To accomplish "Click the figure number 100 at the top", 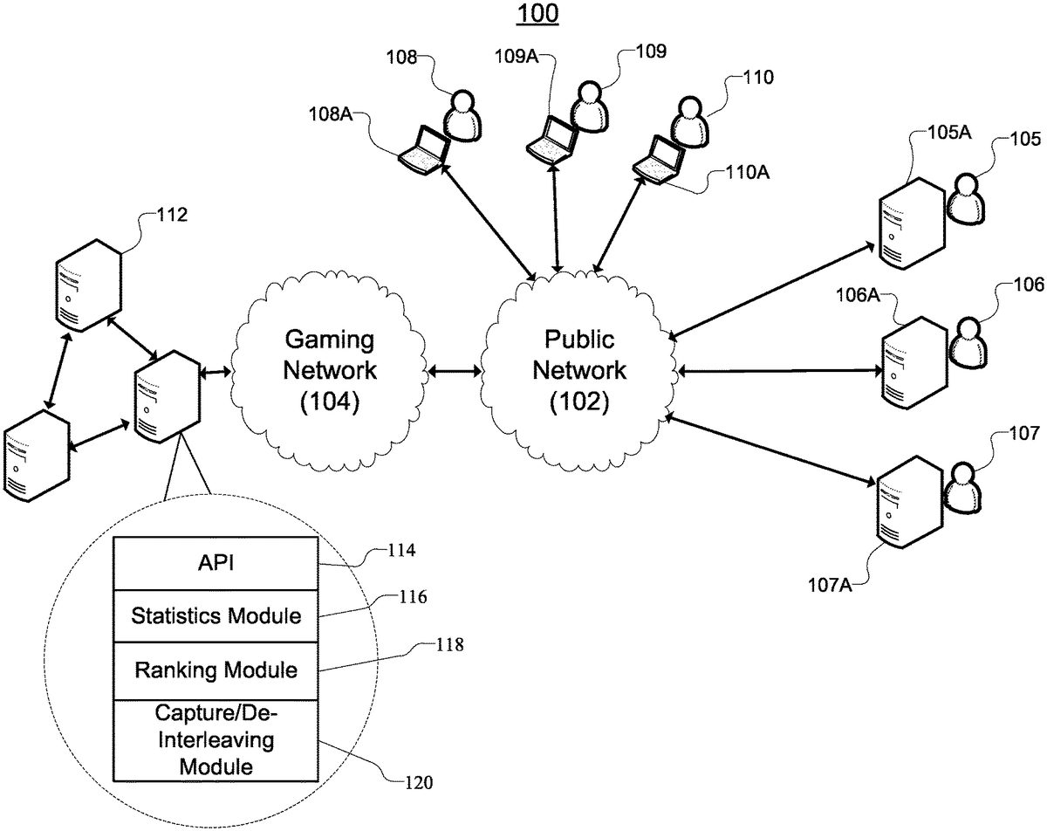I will pos(538,14).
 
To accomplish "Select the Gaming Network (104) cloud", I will pos(332,369).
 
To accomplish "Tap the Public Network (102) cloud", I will pos(579,369).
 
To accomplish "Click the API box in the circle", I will pos(216,564).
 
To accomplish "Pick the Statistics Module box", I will pos(216,616).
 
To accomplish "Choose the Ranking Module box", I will pos(216,670).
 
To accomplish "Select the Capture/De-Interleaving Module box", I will pos(216,740).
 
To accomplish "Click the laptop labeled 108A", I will pos(425,149).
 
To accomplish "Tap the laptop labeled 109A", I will pos(553,139).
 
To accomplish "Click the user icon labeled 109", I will pos(589,107).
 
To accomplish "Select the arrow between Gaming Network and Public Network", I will pos(455,372).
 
